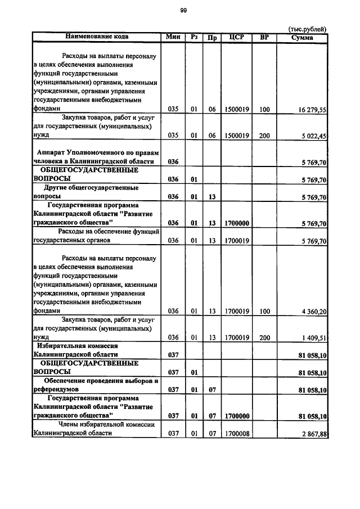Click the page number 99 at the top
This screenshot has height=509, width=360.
coord(183,10)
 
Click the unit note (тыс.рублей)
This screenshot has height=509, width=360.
coord(307,29)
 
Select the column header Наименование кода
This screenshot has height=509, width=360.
coord(97,37)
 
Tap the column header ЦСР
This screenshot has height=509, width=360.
coord(236,38)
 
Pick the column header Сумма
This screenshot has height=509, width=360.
coord(302,38)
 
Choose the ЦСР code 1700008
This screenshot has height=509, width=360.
coord(236,434)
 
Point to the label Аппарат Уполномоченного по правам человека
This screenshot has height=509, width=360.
coord(96,157)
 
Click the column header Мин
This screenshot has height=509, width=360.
coord(172,37)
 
